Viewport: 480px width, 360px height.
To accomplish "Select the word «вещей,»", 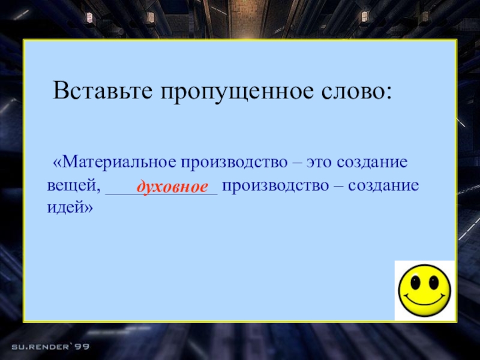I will pos(73,185).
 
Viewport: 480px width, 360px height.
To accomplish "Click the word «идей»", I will pos(67,207).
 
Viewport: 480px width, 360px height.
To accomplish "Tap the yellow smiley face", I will pos(424,290).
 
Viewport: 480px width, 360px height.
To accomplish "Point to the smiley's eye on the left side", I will pos(416,281).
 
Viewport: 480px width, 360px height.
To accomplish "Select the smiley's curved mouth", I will pos(424,301).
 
